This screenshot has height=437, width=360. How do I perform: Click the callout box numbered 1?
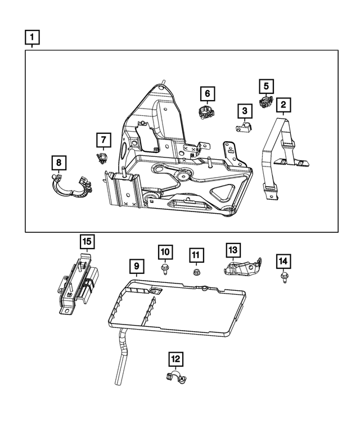[32, 38]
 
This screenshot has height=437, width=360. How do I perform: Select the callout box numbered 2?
[282, 104]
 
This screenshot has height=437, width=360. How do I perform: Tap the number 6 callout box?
[206, 93]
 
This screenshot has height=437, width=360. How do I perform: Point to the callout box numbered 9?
[136, 264]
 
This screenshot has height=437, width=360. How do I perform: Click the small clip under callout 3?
[244, 128]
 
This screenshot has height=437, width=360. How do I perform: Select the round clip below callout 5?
[265, 102]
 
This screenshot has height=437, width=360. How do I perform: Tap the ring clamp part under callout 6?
[206, 111]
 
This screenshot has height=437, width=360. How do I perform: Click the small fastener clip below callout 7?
[103, 157]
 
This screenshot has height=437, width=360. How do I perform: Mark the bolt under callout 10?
[164, 268]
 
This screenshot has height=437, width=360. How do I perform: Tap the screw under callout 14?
[283, 277]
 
